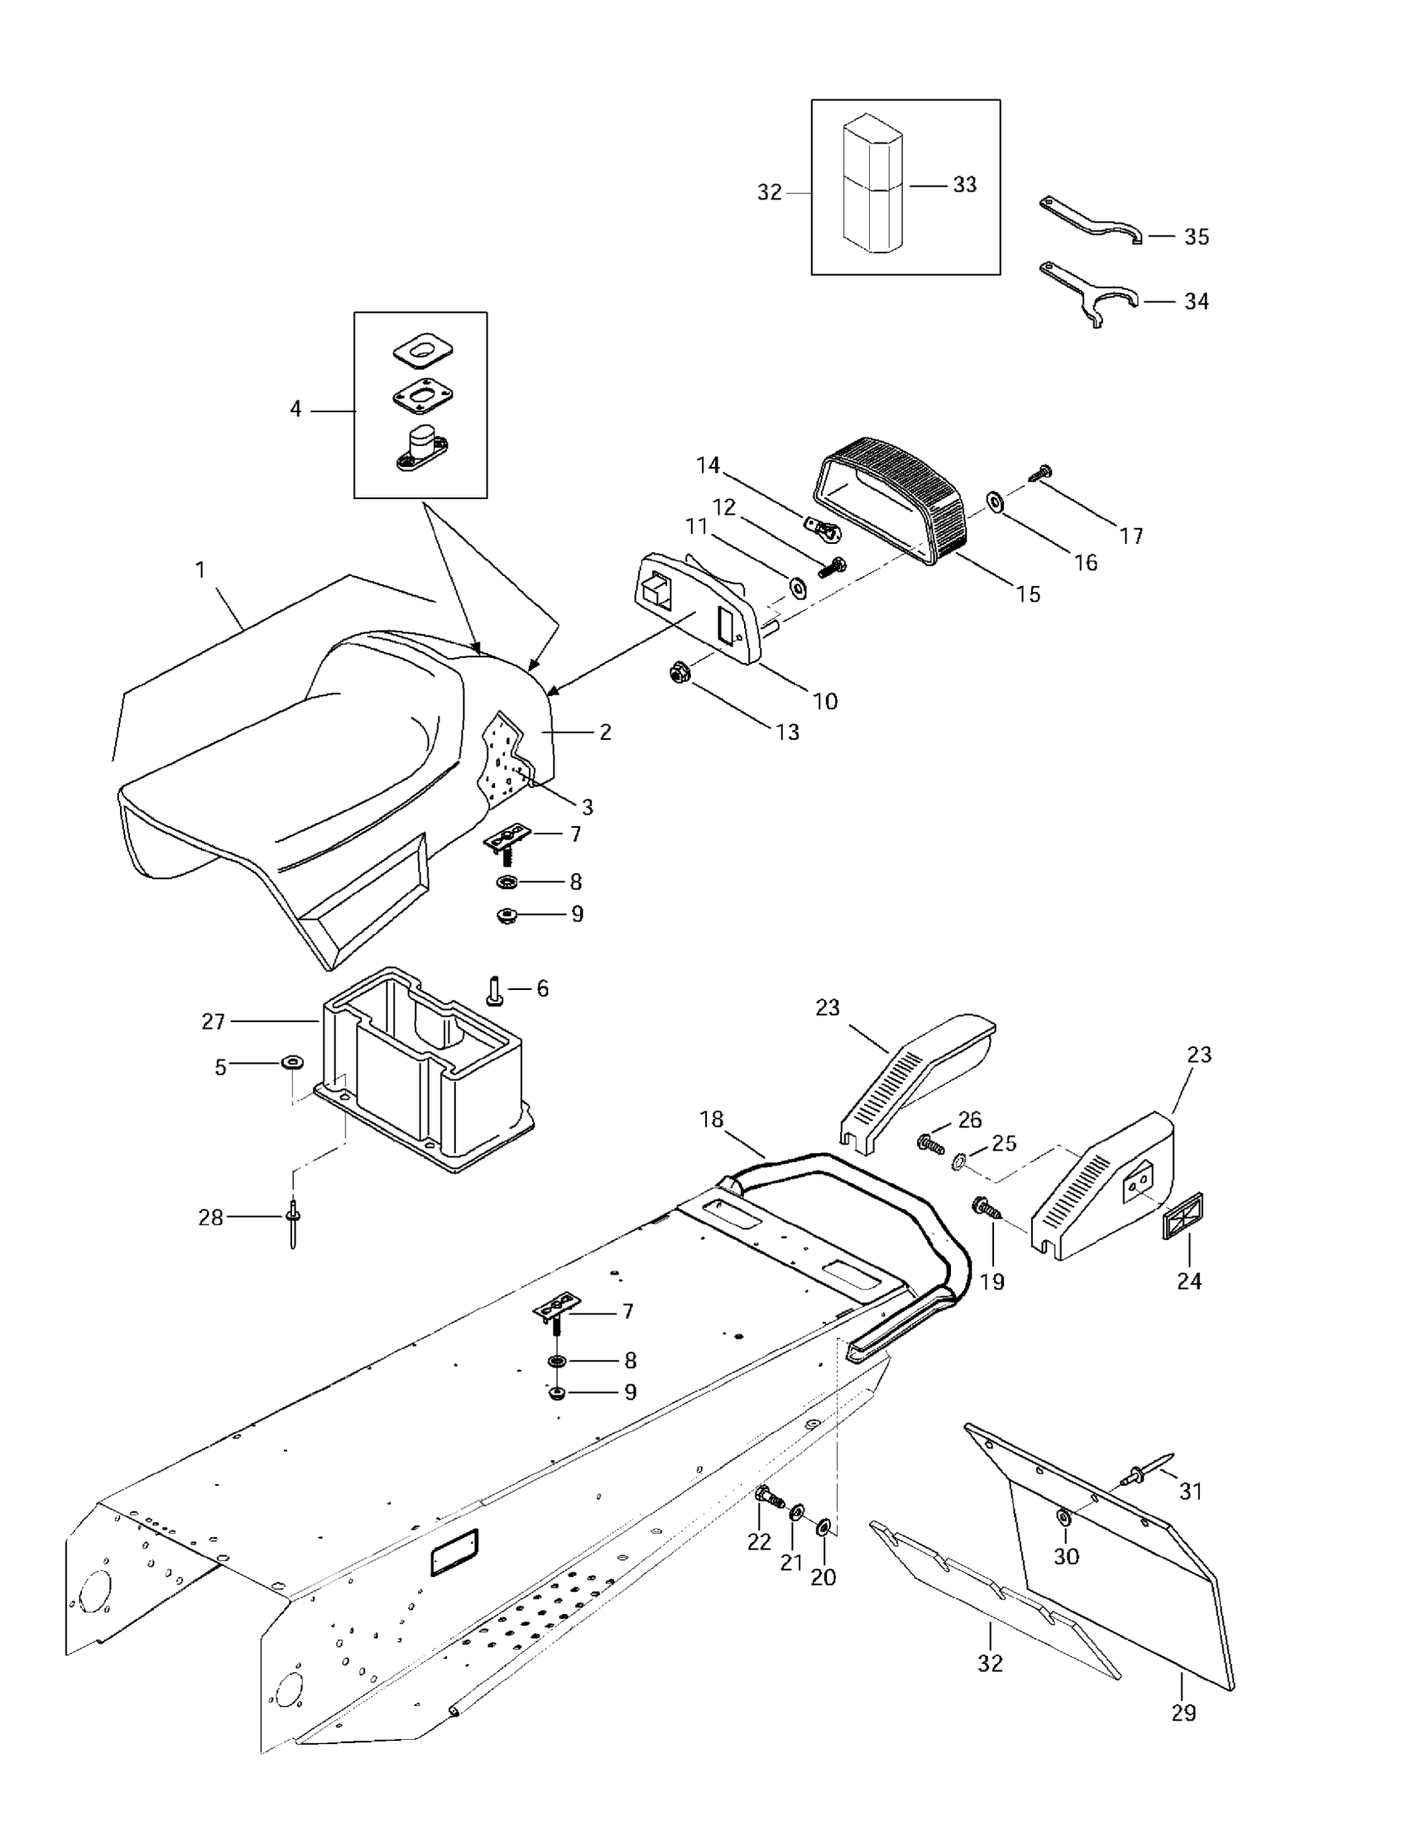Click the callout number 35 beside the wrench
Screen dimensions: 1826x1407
pos(1196,237)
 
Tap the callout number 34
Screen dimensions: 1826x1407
pos(1196,301)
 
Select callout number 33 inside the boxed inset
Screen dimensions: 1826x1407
pos(965,185)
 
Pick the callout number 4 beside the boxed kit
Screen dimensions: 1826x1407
pos(295,410)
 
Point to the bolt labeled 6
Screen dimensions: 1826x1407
pos(493,991)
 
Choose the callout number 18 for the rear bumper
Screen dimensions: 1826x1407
pos(712,1119)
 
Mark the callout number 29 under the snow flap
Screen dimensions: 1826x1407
pos(1184,1713)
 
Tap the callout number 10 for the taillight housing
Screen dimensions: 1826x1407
pos(825,700)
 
